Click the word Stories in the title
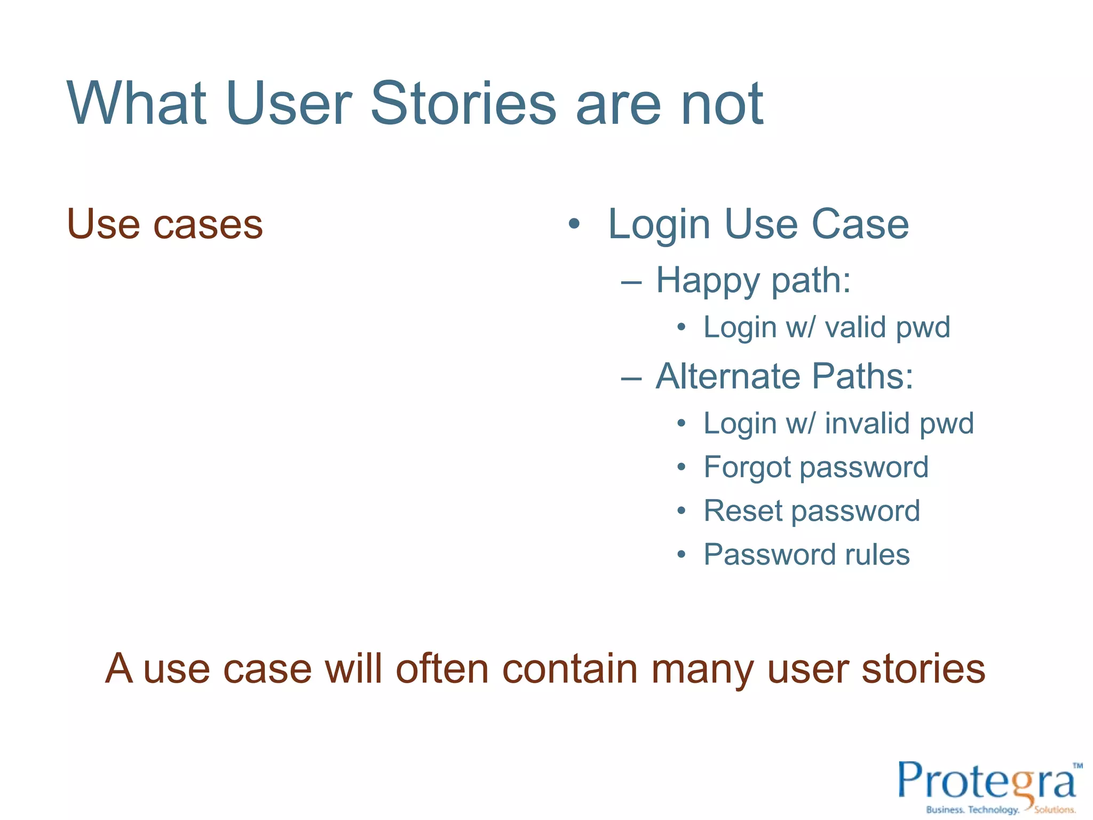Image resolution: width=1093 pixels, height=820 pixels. (463, 104)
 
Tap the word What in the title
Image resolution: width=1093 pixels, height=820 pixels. (137, 104)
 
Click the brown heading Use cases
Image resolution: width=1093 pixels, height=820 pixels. (165, 224)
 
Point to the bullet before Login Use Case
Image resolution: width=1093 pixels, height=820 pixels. (574, 224)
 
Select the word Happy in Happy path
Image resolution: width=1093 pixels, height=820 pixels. (708, 281)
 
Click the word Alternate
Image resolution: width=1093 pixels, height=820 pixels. (727, 377)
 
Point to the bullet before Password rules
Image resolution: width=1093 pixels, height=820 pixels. (681, 555)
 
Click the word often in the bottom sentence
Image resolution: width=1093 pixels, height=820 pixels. (442, 668)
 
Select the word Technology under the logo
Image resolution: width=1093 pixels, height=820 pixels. (993, 810)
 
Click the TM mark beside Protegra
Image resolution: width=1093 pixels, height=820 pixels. (1078, 766)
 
